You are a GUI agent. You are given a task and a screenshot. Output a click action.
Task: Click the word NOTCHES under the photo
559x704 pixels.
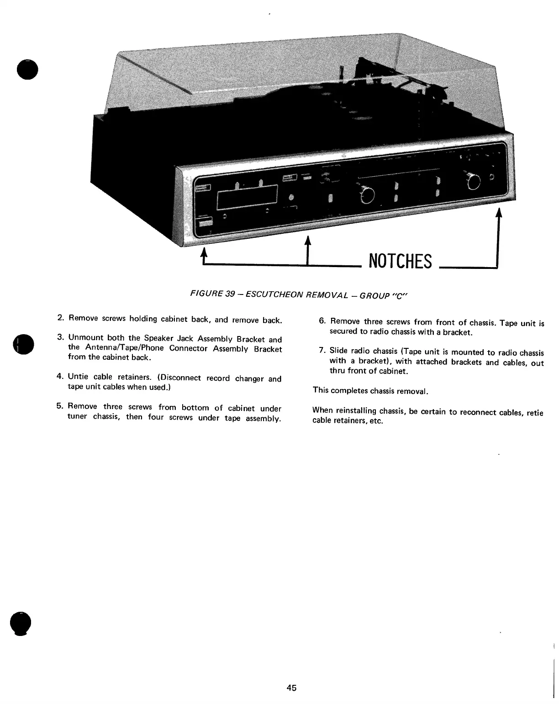point(400,261)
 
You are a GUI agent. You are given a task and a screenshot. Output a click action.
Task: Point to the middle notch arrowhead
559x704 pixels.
point(308,240)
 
